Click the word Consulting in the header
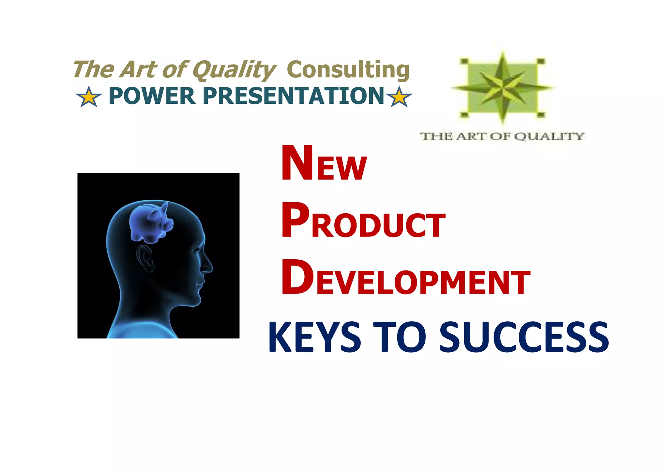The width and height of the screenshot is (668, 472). [x=348, y=70]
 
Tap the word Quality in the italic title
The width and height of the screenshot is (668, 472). [x=234, y=70]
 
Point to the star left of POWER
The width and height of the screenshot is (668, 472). [x=88, y=97]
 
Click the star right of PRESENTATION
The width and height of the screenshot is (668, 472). [x=399, y=97]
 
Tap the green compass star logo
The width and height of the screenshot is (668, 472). [x=503, y=87]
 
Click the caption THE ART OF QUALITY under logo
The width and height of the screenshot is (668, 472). [x=502, y=136]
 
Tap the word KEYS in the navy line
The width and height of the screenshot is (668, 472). [x=314, y=337]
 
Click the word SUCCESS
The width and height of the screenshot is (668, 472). [x=524, y=337]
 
